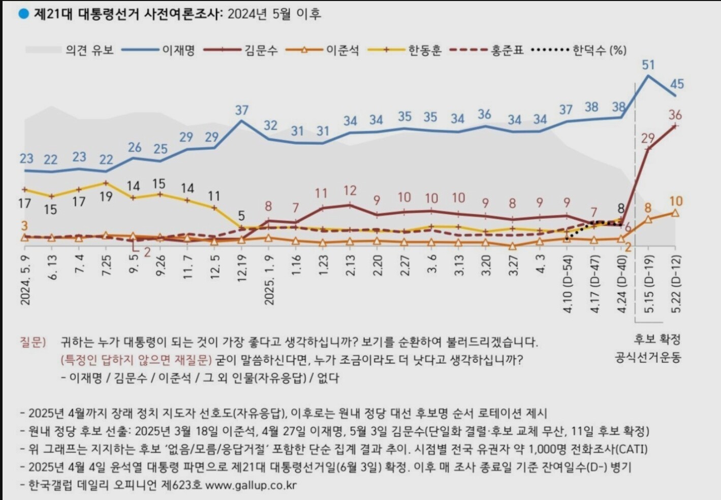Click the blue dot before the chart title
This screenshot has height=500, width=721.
23,14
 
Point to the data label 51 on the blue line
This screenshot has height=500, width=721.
648,65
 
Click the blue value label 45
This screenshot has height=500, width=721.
677,84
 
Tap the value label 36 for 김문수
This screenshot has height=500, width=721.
675,115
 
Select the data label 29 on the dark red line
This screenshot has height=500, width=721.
648,138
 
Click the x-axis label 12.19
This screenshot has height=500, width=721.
242,268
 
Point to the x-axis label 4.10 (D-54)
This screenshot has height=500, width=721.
568,284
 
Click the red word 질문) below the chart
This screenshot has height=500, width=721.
33,342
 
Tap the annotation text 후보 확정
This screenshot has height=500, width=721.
657,339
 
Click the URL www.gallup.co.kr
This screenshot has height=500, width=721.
251,485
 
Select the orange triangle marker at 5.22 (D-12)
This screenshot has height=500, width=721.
675,213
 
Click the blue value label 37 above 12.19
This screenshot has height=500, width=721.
242,110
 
